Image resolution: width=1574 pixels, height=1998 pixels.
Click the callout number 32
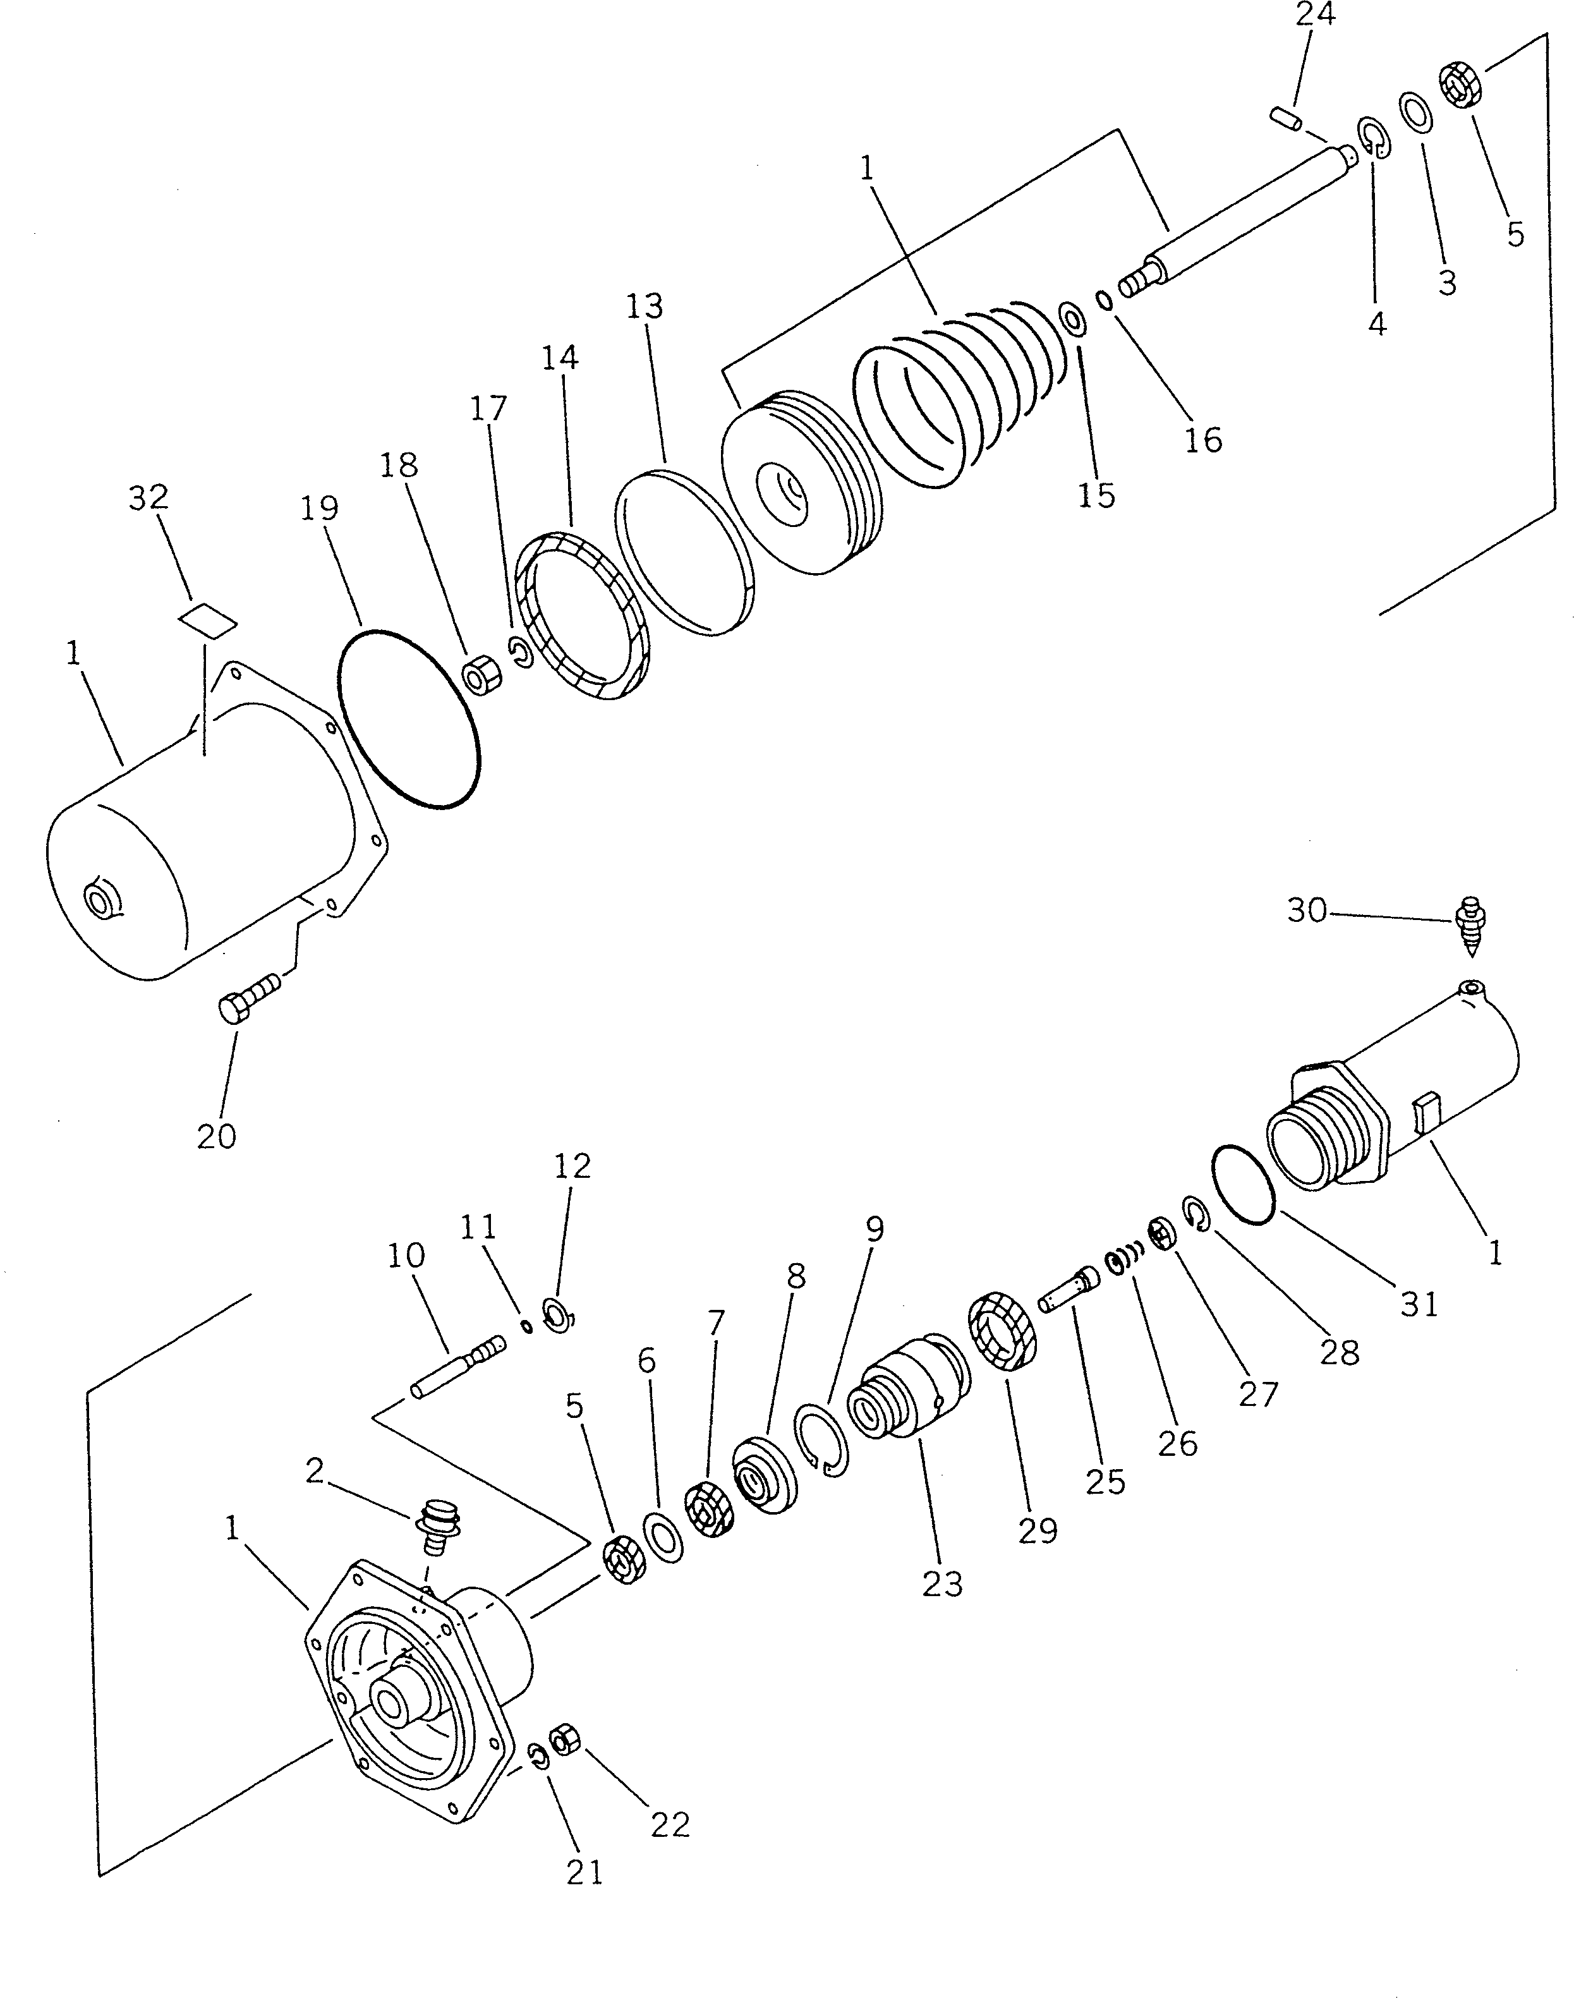(148, 498)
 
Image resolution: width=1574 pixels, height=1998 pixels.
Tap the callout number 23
(942, 1583)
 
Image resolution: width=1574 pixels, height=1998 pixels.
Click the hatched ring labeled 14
(581, 615)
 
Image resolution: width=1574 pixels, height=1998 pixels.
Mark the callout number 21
(584, 1872)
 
